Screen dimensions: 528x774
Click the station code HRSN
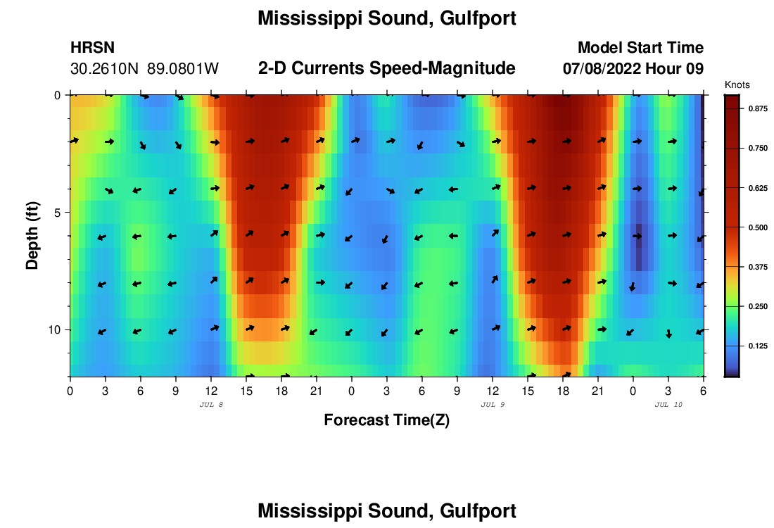point(93,48)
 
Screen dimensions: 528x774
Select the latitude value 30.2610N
point(106,69)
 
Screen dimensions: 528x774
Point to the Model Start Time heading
point(640,48)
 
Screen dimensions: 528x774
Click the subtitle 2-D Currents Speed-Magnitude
point(387,68)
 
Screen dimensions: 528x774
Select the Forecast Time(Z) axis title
point(386,420)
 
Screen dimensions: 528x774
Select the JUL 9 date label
point(493,405)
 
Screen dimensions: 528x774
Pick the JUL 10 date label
point(668,405)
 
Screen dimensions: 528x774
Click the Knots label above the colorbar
point(737,84)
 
